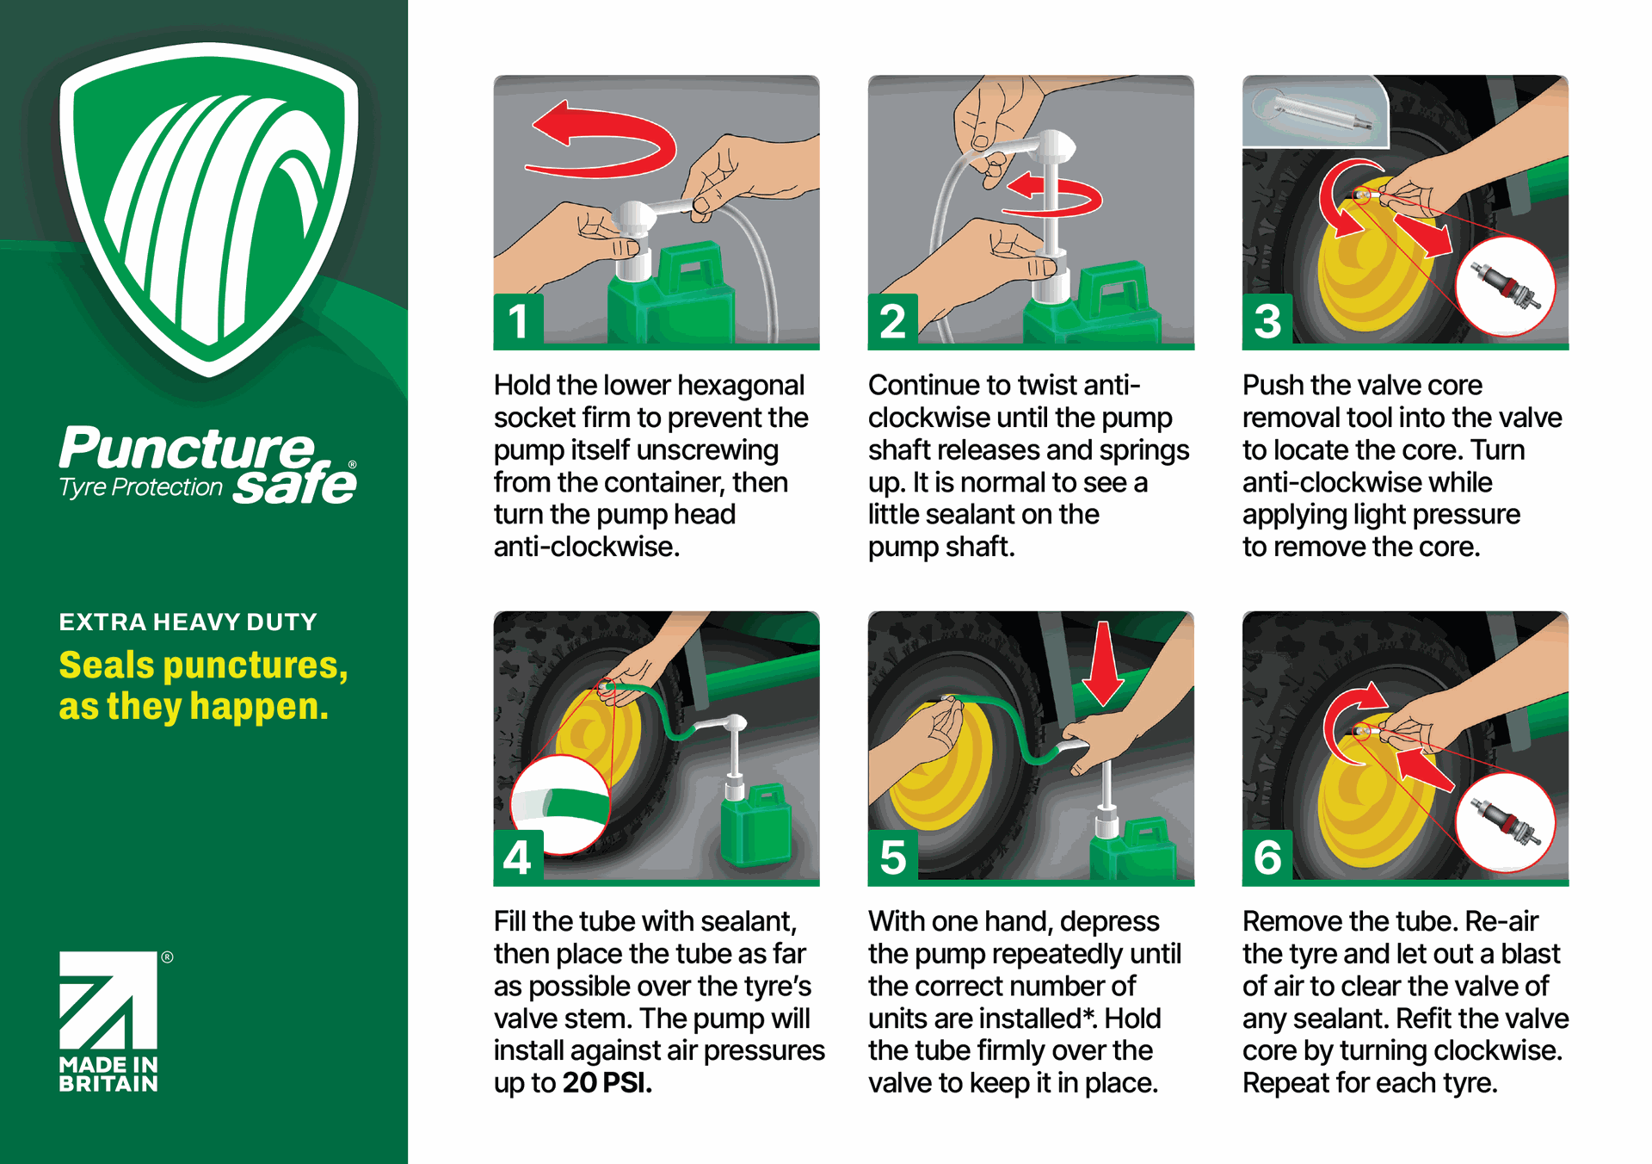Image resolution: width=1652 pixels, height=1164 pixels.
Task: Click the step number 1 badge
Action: (518, 321)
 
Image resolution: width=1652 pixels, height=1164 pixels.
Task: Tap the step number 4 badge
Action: (518, 858)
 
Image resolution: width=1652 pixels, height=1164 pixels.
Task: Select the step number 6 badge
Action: (1267, 858)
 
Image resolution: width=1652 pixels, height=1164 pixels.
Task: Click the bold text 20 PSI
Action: (607, 1083)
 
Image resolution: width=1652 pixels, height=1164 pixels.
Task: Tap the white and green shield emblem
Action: (209, 207)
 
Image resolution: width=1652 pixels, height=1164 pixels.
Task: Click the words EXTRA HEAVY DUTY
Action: (188, 622)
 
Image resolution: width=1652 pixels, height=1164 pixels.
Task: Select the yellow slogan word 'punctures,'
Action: (256, 666)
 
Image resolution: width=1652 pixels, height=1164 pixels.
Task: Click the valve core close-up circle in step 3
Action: (1505, 287)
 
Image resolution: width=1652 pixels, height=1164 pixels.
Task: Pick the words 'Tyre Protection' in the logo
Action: (141, 487)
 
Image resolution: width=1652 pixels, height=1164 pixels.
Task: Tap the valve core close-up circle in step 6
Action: (1505, 822)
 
